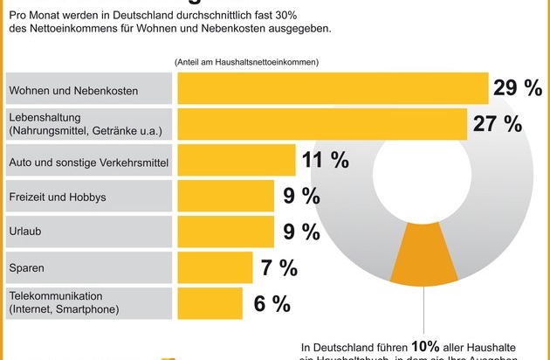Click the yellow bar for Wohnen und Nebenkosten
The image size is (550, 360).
click(333, 88)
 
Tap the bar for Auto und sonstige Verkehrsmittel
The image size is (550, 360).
click(237, 160)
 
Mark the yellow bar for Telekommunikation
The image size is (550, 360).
click(210, 302)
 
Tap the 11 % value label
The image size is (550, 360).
click(327, 160)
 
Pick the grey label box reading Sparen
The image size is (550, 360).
click(86, 267)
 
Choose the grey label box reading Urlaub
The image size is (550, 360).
click(86, 232)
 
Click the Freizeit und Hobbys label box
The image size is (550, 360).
click(86, 197)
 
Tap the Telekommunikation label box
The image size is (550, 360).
click(86, 302)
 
